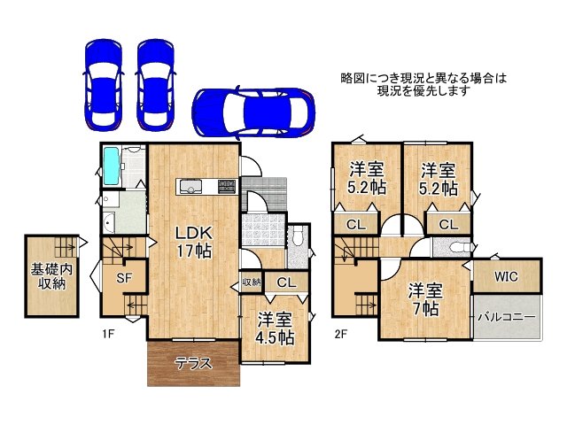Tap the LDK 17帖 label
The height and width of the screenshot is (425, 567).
click(x=192, y=241)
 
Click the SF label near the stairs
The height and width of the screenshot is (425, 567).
click(x=125, y=278)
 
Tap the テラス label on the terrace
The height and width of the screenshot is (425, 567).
click(x=192, y=363)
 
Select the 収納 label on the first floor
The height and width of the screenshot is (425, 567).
click(x=252, y=282)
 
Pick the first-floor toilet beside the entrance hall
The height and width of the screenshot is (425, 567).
click(x=299, y=237)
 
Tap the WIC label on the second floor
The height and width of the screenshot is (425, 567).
click(x=505, y=276)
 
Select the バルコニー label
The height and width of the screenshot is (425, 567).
click(x=505, y=316)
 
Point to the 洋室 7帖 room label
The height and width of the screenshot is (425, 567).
click(x=424, y=299)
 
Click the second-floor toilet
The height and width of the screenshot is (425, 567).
click(x=456, y=248)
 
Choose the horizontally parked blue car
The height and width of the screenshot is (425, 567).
click(x=252, y=112)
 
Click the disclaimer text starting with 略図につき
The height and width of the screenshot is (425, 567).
click(x=423, y=85)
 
